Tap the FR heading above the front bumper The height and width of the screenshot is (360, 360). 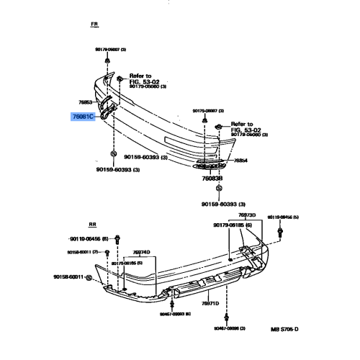click(x=94, y=24)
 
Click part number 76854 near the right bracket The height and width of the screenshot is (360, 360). click(x=240, y=161)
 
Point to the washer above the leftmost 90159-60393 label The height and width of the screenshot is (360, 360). click(x=114, y=154)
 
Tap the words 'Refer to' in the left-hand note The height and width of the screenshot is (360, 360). click(x=140, y=75)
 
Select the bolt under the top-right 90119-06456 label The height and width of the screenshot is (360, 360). click(x=280, y=231)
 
